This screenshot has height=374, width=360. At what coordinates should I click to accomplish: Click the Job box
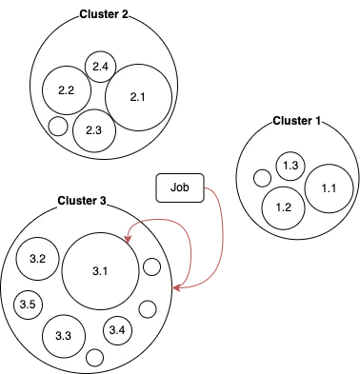tap(179, 188)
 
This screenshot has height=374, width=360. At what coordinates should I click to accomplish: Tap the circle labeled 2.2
tap(67, 91)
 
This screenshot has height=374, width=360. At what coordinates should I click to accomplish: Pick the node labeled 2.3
tap(93, 130)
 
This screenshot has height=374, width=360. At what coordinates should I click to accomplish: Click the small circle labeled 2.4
tap(101, 67)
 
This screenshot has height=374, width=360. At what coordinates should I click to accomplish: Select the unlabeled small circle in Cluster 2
tap(58, 126)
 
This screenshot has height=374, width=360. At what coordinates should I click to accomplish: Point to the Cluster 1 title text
tap(297, 121)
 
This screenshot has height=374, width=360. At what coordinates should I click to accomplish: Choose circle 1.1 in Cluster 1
tap(329, 188)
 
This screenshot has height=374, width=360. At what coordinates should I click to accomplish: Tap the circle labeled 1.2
tap(283, 207)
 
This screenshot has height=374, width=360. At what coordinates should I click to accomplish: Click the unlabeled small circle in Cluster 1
tap(262, 177)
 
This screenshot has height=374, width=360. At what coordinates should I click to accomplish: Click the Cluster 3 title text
tap(82, 201)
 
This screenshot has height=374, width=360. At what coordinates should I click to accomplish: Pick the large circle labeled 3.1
tap(101, 271)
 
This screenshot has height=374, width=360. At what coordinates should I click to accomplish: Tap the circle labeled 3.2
tap(39, 259)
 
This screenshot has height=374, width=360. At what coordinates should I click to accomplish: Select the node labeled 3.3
tap(64, 336)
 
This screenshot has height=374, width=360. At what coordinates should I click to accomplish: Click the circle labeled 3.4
tap(117, 330)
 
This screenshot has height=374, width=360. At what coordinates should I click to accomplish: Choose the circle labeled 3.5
tap(29, 305)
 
